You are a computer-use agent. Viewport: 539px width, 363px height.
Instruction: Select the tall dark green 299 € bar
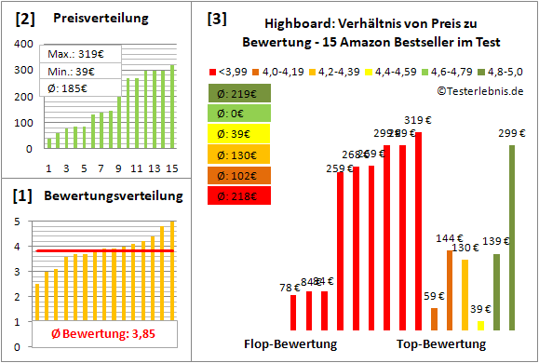(x=512, y=237)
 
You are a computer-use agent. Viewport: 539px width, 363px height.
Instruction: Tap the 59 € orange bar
(x=434, y=318)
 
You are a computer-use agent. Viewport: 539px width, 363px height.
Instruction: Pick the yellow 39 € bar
(x=480, y=325)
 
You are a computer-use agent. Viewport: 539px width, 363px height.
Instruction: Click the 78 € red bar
(x=293, y=312)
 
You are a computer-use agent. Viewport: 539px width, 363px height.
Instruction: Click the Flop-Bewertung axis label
(x=290, y=344)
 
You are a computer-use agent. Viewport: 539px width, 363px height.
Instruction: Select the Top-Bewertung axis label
(x=441, y=344)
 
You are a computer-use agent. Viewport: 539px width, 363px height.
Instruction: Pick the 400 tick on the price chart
(x=21, y=44)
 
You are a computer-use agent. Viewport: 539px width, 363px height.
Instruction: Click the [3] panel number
(x=216, y=19)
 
